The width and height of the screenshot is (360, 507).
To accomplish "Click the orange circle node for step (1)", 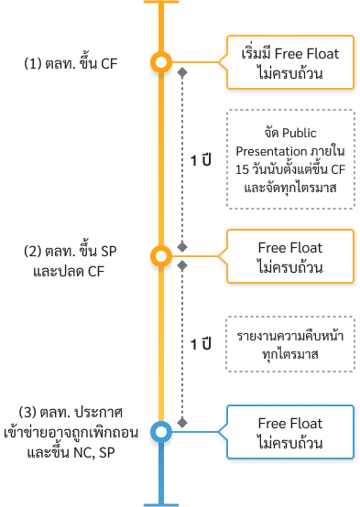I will [x=161, y=63].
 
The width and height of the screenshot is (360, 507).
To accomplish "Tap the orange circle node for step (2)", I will [x=161, y=256].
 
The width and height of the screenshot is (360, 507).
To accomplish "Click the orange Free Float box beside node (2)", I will [x=289, y=256].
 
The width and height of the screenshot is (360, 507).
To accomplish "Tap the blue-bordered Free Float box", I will [x=289, y=431].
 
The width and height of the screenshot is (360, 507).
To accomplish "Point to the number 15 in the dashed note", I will [x=242, y=169].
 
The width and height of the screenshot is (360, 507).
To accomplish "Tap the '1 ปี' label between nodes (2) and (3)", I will [x=202, y=344].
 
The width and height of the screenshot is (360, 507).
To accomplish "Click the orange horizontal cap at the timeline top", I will [x=161, y=3].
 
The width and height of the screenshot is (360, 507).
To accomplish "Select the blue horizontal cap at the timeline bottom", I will [x=161, y=502].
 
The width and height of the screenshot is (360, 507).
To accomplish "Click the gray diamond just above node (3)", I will [x=182, y=422].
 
